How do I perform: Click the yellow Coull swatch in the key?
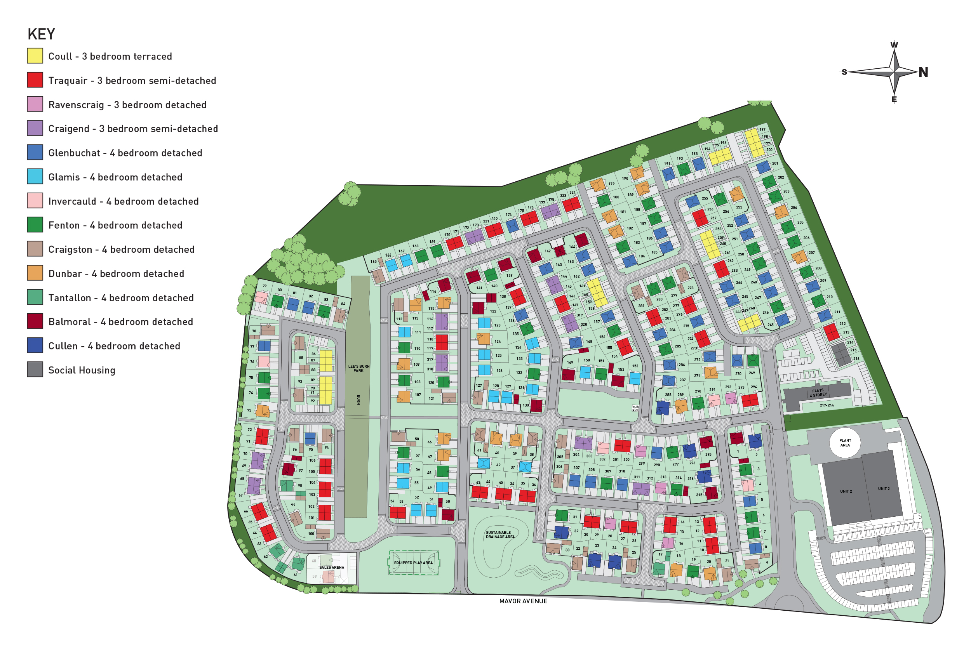pos(35,56)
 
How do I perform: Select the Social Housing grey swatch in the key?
pos(35,370)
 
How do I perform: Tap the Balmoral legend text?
pos(120,321)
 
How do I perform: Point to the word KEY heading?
pos(41,34)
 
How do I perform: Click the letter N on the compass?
pos(923,72)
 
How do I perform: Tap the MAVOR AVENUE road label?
pos(523,601)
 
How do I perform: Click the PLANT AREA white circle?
pos(844,443)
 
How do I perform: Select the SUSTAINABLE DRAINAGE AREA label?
pos(500,535)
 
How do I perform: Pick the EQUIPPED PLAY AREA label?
pos(413,563)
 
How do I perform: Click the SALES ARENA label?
pos(331,567)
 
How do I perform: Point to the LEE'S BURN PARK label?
pos(358,368)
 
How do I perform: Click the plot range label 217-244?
pos(827,405)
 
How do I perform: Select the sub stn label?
pos(635,408)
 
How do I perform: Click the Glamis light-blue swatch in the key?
pos(35,177)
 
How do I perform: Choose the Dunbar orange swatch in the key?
pos(35,273)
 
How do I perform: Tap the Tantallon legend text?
pos(121,298)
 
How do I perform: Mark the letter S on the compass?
pos(844,72)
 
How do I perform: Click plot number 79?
pos(265,287)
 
